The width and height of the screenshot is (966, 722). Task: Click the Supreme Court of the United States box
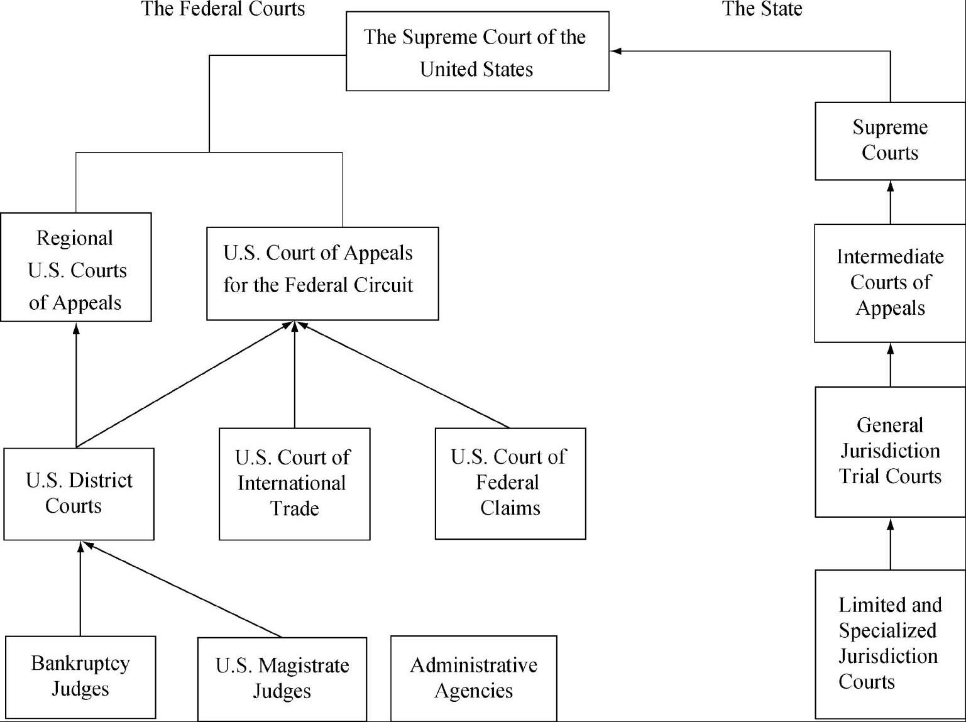(477, 52)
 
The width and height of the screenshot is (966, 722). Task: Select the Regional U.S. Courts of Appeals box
(76, 268)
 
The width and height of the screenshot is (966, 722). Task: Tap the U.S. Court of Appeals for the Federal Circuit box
(322, 273)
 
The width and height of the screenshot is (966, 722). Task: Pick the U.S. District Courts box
(79, 494)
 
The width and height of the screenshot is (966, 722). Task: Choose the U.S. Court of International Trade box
(294, 483)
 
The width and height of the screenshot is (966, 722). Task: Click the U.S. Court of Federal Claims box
(510, 483)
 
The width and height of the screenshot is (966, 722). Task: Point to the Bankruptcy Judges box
(80, 677)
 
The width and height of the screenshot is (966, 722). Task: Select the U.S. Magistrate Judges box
(282, 679)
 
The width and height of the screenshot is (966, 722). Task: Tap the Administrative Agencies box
(474, 678)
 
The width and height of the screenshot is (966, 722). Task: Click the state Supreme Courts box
(890, 141)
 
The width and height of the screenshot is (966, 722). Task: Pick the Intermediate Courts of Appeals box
(890, 283)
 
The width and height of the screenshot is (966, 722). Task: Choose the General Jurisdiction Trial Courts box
(890, 451)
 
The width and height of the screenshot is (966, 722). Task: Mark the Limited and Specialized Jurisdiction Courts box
(890, 643)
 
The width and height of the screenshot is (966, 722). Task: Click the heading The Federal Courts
(223, 9)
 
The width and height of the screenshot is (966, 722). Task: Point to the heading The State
(762, 9)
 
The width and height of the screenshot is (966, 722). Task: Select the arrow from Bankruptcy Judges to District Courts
(80, 588)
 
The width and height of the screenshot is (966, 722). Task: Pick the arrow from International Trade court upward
(295, 375)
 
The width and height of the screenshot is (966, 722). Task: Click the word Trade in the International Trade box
(295, 508)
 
